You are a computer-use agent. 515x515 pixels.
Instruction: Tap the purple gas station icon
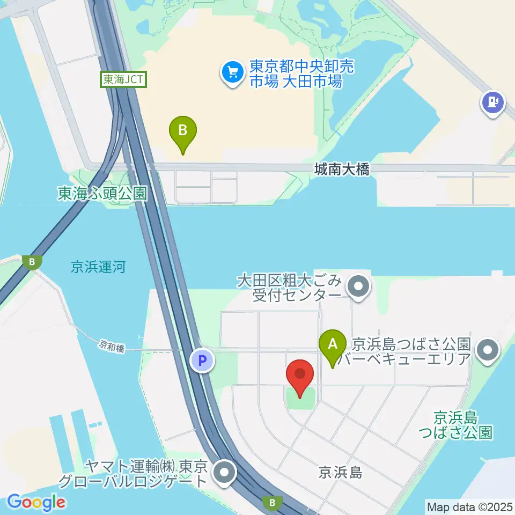(493, 101)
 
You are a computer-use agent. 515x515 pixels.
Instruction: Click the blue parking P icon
(202, 361)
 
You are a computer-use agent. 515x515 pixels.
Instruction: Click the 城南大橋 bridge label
(342, 170)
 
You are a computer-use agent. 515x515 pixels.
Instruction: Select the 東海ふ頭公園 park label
(102, 193)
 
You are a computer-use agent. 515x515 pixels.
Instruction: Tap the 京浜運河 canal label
(98, 267)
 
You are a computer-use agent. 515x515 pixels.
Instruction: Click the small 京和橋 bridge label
(112, 347)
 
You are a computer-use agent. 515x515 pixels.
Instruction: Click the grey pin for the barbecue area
(488, 351)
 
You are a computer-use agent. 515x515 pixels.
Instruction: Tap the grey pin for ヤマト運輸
(224, 473)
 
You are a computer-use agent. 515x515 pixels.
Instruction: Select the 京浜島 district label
(341, 472)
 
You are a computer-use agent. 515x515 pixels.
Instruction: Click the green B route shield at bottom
(273, 503)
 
